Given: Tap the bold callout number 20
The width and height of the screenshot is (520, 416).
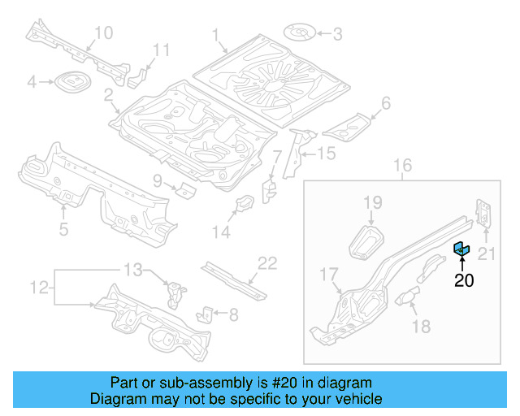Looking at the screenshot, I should point(463,281).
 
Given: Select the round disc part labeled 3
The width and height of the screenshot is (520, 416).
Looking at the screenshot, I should point(301,33).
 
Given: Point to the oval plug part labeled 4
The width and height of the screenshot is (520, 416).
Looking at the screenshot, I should point(68,81).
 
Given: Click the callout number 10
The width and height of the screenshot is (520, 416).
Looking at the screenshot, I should point(103,32).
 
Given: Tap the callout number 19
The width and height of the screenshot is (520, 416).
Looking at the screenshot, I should point(372,201).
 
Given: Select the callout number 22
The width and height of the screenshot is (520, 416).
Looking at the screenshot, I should point(267,262).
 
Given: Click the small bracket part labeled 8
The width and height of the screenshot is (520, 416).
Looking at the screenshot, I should point(208,313).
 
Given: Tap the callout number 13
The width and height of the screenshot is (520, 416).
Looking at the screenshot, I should point(132,269).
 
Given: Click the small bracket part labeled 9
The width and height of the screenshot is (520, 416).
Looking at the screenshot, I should point(186,191).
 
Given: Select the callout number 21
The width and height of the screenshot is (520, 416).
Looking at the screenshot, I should point(486,254).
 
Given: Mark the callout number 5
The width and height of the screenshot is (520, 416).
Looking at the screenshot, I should point(64,229).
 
